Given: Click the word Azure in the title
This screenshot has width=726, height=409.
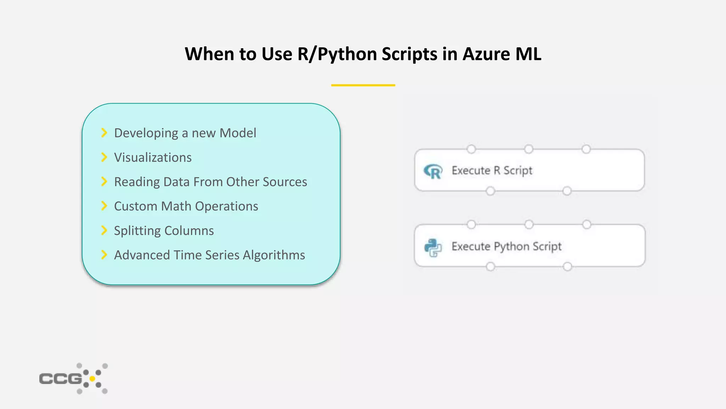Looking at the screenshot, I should [486, 54].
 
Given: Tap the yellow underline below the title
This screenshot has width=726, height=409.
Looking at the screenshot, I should [363, 85].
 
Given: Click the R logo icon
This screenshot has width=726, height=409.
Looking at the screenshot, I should [433, 171].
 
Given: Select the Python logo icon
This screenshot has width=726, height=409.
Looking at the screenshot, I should [433, 247].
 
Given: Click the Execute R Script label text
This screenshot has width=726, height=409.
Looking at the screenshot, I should [492, 171].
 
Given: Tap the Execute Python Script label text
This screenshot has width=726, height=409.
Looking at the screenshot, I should [506, 246].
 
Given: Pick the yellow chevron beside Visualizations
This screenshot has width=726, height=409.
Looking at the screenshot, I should [104, 157].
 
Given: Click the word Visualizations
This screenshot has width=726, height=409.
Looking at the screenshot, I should [153, 158].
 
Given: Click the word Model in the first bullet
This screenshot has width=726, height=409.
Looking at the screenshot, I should [238, 133].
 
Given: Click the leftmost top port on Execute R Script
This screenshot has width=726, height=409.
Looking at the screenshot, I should [471, 149].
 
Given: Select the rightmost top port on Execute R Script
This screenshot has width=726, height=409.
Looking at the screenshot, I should [586, 149].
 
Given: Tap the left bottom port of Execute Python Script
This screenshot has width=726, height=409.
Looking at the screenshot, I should [490, 267].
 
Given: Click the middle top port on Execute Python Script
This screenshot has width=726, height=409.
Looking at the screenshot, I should [529, 224].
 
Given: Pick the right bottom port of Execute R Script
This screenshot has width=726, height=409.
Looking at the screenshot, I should [567, 191].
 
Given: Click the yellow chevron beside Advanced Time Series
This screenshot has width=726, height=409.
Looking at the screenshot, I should [104, 255].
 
